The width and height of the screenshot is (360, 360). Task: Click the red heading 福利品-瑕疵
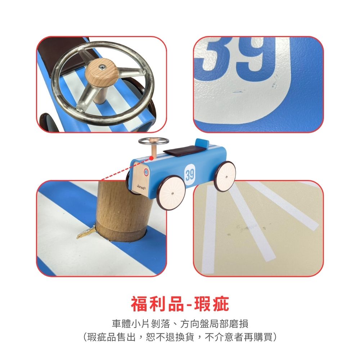point(180,304)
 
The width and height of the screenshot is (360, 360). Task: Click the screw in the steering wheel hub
point(102,67)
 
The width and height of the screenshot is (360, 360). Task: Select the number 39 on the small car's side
point(190,175)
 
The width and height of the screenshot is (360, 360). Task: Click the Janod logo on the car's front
point(141,186)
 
